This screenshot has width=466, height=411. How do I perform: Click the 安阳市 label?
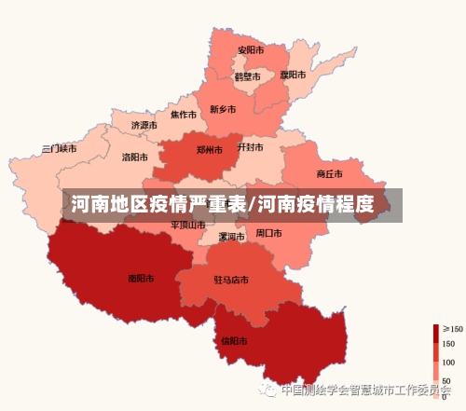point(251,50)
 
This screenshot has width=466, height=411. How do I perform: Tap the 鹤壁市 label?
point(248,77)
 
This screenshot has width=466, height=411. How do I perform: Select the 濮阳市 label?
point(294,75)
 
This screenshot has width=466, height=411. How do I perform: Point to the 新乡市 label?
point(223,109)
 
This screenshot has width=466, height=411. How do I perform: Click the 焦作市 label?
point(184,116)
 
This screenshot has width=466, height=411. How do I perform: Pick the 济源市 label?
point(144,125)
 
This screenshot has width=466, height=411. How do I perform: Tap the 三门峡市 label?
point(60,148)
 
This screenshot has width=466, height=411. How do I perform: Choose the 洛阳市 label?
point(135,158)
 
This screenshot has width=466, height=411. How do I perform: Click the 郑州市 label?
point(210,149)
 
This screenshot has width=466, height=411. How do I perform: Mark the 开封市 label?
point(251,147)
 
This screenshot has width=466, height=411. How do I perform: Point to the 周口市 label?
point(269,233)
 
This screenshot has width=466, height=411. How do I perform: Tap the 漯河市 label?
point(231,237)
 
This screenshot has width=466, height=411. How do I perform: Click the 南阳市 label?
point(141,278)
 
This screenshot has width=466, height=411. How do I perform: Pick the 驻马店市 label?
point(231,280)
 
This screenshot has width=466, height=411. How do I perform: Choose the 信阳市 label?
point(235,341)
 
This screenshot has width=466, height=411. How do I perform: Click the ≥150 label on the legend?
point(453,329)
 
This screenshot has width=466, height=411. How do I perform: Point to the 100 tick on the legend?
point(448,362)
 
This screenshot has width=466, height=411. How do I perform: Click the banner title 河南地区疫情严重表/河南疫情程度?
point(222,204)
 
